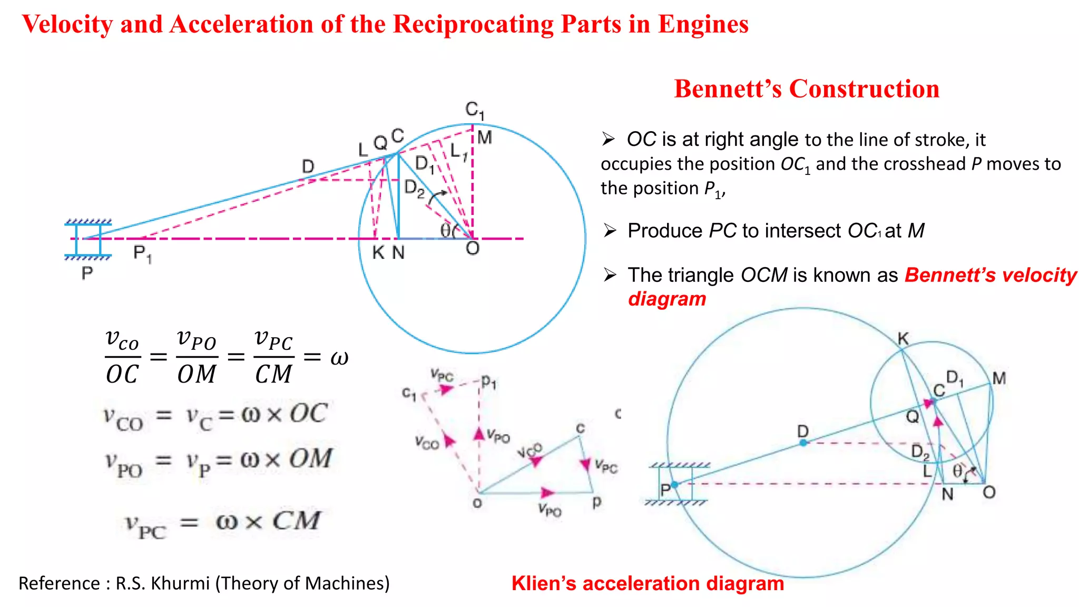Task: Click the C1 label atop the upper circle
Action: point(475,110)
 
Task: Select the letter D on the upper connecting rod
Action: point(308,167)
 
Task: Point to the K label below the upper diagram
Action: point(378,253)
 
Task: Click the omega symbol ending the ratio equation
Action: point(339,358)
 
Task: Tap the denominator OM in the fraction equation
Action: point(197,374)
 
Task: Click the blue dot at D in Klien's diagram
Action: point(803,443)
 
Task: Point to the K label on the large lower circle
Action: point(903,338)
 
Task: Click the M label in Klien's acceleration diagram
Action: point(999,378)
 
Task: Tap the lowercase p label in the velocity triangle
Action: point(596,501)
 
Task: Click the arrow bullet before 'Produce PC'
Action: point(610,231)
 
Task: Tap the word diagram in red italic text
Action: point(667,299)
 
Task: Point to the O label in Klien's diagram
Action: point(989,492)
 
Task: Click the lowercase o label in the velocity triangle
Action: point(477,503)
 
